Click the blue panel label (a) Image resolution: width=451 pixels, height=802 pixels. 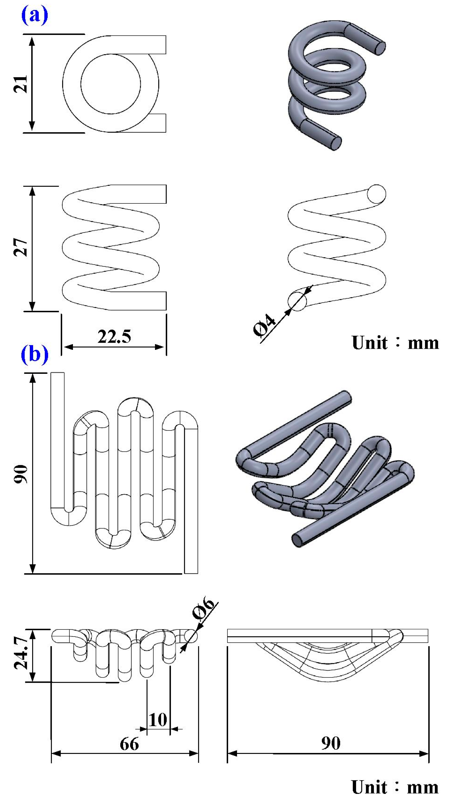(x=34, y=16)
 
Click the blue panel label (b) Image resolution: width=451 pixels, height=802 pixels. (x=34, y=354)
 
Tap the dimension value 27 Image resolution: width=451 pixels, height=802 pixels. (x=21, y=248)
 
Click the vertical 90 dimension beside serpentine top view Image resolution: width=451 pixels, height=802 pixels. (x=21, y=474)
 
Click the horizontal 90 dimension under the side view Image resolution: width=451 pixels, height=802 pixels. (x=331, y=743)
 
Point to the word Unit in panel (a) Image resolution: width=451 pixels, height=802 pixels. (x=370, y=343)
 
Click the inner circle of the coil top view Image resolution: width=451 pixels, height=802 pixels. (x=111, y=84)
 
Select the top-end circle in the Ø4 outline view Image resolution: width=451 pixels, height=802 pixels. (x=376, y=194)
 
